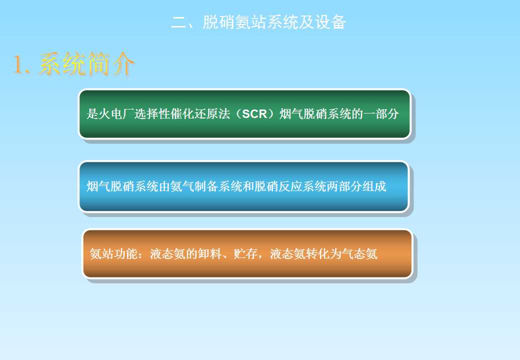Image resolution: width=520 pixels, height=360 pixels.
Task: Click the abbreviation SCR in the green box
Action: (x=254, y=114)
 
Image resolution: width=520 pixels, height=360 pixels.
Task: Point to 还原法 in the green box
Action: (x=218, y=114)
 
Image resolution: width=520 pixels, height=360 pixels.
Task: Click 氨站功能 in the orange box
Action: (x=113, y=254)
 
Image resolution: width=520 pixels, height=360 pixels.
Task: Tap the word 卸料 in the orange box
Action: (x=209, y=254)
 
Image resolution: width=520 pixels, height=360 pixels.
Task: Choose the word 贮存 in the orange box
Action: (x=245, y=254)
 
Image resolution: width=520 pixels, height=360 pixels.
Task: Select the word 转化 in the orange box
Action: (x=317, y=254)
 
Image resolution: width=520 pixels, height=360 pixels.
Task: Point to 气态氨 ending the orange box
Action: (x=359, y=254)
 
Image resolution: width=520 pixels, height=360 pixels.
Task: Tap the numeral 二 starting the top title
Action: (x=179, y=22)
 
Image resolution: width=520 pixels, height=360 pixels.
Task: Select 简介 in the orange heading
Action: (x=110, y=64)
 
